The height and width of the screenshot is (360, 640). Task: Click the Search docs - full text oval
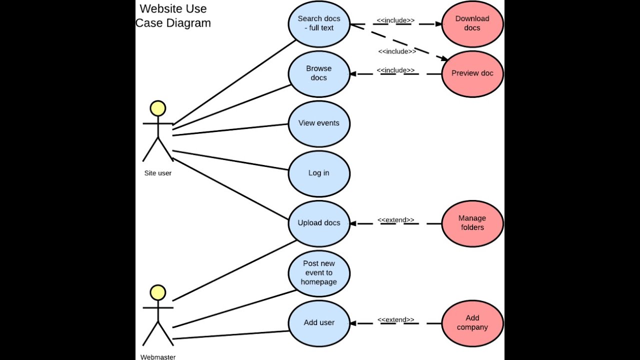click(x=319, y=23)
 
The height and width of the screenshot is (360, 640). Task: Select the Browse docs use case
click(x=319, y=73)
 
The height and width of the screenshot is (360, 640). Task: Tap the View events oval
click(x=319, y=123)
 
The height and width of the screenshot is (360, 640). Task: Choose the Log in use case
click(x=319, y=173)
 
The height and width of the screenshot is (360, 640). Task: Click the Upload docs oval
click(x=319, y=223)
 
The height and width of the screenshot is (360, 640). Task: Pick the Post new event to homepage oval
click(x=319, y=273)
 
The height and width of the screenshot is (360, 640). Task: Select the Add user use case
click(x=319, y=323)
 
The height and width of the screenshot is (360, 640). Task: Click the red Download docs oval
click(x=472, y=23)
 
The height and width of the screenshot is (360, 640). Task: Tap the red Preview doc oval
click(x=472, y=73)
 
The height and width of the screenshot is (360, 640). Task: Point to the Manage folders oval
click(x=472, y=223)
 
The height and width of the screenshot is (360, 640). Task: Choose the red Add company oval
click(x=472, y=323)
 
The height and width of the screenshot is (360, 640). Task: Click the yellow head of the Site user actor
click(x=158, y=108)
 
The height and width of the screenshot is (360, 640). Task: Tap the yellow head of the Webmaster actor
click(x=158, y=292)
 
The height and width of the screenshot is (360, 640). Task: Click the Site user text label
click(x=158, y=173)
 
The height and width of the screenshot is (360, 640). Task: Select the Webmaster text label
click(x=158, y=357)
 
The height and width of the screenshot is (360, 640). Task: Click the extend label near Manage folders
click(x=395, y=220)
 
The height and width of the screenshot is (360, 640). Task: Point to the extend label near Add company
click(x=395, y=320)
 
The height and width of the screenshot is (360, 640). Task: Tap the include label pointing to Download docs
click(x=395, y=20)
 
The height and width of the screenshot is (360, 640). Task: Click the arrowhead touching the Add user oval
click(x=353, y=323)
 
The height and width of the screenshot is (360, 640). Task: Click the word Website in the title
click(x=159, y=8)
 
